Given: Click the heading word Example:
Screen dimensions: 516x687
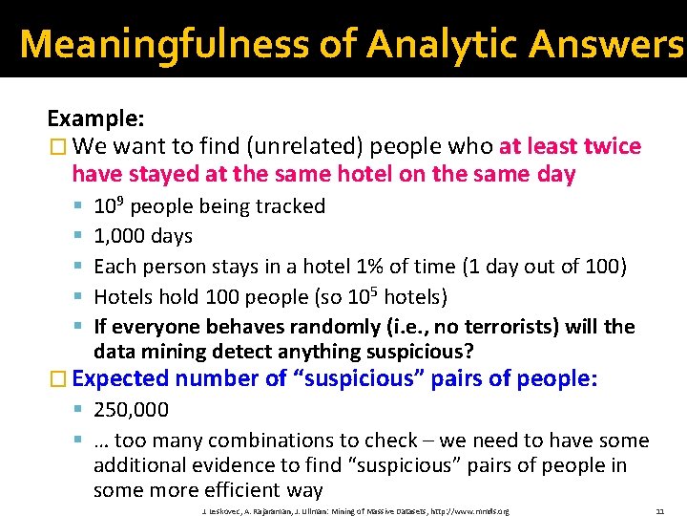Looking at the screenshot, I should [96, 118].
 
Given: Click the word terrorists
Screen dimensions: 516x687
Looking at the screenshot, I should [503, 327].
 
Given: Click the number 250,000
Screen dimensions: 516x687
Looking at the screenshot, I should [132, 410].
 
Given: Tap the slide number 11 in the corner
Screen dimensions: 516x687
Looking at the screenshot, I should [659, 512].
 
